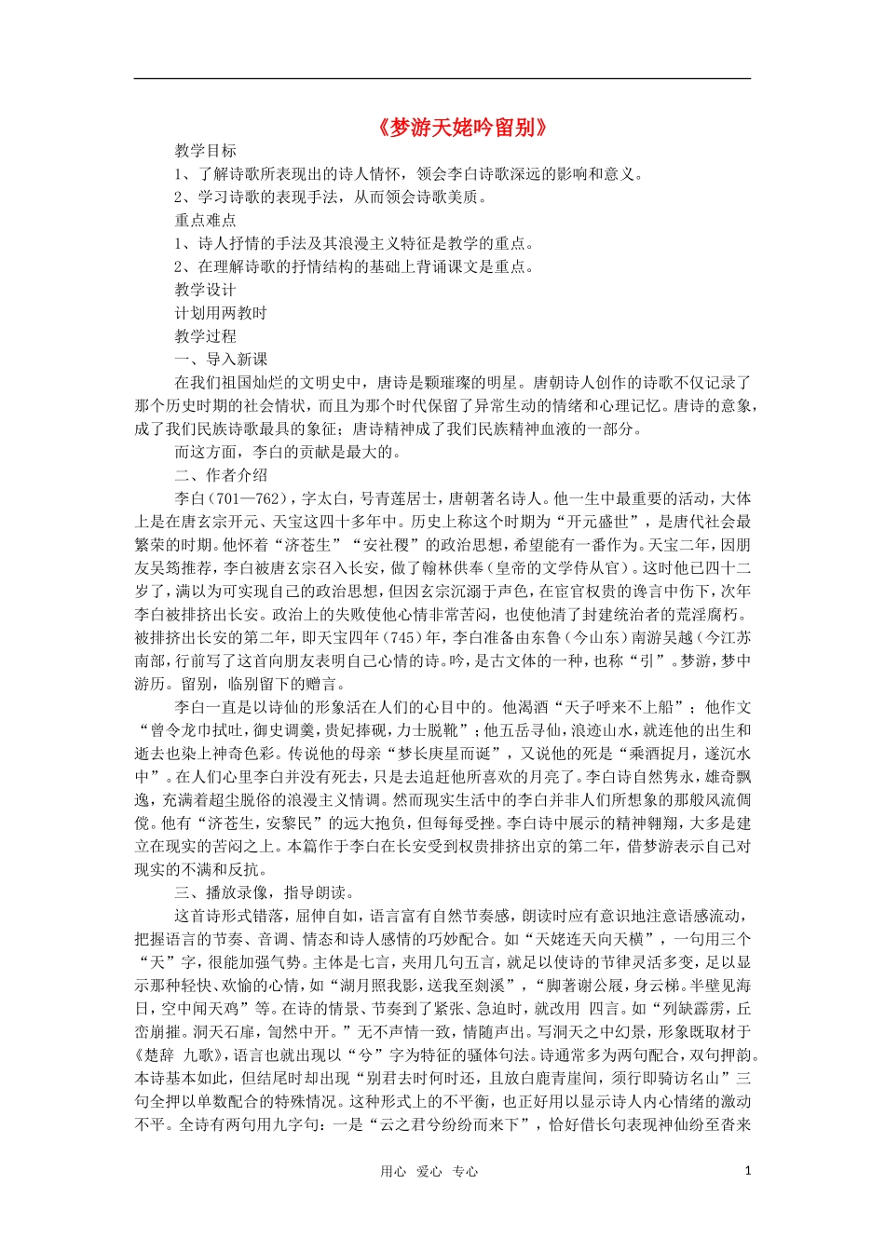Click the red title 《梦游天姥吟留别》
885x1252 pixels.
(461, 128)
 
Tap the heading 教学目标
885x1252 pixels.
(205, 151)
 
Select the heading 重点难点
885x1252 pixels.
(205, 221)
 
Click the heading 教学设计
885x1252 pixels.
(205, 291)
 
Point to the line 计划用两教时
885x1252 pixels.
(221, 314)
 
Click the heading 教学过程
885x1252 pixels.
(205, 337)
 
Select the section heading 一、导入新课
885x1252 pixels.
(221, 360)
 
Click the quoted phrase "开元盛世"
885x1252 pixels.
(596, 523)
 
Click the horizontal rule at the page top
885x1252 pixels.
(442, 78)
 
